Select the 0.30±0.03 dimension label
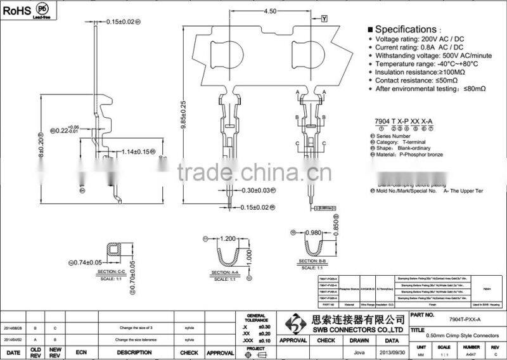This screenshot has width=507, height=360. coord(255,190)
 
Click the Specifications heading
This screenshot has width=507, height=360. coord(406,29)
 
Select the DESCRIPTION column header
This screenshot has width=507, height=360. coord(134,352)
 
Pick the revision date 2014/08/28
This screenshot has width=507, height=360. coord(13,328)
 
